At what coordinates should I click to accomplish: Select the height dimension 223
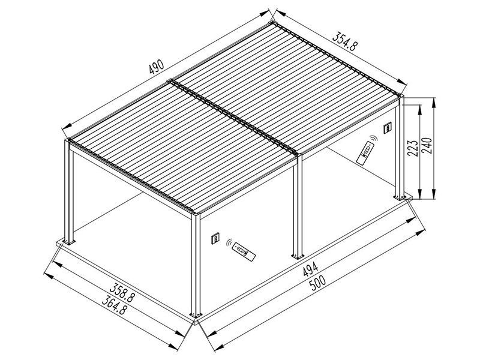pyautogui.click(x=412, y=146)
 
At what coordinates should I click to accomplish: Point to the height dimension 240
pyautogui.click(x=427, y=145)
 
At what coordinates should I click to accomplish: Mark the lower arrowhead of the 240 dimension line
pyautogui.click(x=433, y=196)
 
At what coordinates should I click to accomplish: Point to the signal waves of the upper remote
pyautogui.click(x=373, y=140)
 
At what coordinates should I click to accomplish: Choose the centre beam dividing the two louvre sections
pyautogui.click(x=234, y=117)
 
